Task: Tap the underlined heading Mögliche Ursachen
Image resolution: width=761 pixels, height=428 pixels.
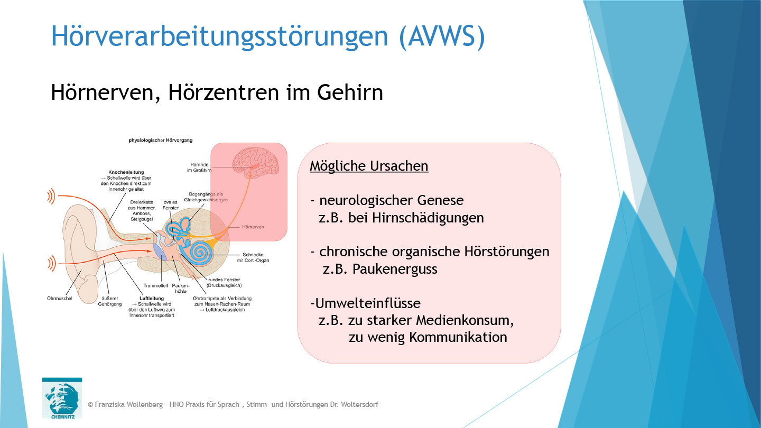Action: click(369, 166)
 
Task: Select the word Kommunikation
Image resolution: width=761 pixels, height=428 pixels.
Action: click(458, 337)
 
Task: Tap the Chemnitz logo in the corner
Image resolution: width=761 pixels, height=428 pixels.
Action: click(62, 398)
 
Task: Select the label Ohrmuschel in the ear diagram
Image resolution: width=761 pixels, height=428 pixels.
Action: click(59, 299)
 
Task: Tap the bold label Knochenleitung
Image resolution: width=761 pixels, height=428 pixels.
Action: click(126, 172)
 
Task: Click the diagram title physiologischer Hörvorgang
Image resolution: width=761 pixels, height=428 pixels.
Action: click(161, 140)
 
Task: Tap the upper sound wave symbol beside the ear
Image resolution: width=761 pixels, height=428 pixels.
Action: click(51, 197)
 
